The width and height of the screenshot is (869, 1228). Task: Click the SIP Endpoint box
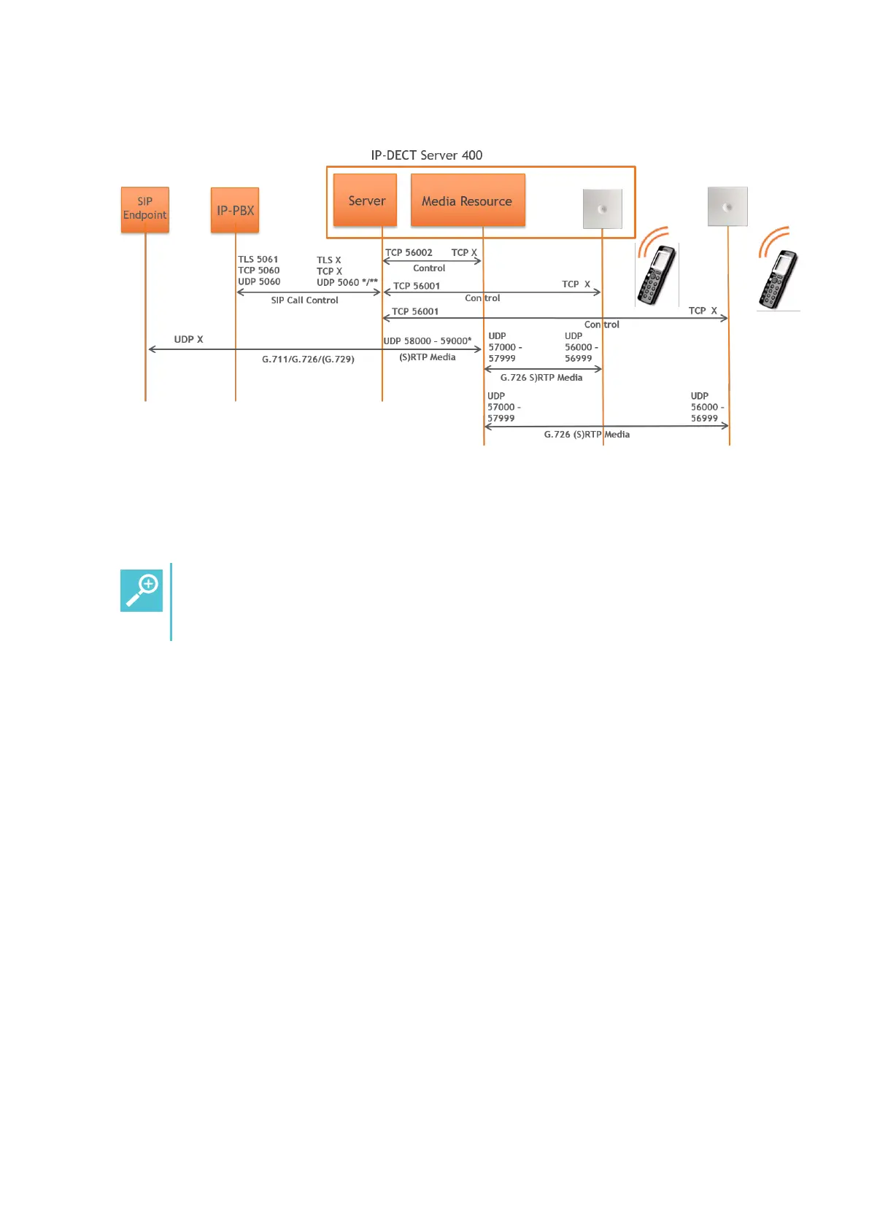[x=144, y=209]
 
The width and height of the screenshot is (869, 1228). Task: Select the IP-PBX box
[x=235, y=210]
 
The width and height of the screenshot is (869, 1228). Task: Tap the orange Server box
[x=366, y=201]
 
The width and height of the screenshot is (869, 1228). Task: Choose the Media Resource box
[x=468, y=201]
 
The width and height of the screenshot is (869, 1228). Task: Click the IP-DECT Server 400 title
[x=427, y=155]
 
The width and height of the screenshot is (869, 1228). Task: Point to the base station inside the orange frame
[x=602, y=209]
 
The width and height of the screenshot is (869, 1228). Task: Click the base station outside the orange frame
[x=727, y=206]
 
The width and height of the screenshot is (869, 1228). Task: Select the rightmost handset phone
[x=779, y=280]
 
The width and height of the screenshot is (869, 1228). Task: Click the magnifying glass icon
[x=142, y=591]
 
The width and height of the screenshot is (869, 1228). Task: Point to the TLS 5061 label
[x=258, y=259]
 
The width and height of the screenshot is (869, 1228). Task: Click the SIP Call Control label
[x=304, y=300]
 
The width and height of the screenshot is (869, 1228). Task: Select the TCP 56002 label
[x=409, y=252]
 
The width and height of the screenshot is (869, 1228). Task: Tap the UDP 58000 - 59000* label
[x=428, y=341]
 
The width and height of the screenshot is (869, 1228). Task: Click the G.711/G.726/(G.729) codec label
[x=308, y=360]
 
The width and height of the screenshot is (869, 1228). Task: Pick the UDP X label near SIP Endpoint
[x=188, y=339]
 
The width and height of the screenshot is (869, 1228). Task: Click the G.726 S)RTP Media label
[x=541, y=378]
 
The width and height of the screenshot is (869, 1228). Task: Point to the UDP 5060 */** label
[x=347, y=282]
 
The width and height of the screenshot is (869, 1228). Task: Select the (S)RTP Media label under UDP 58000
[x=428, y=357]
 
